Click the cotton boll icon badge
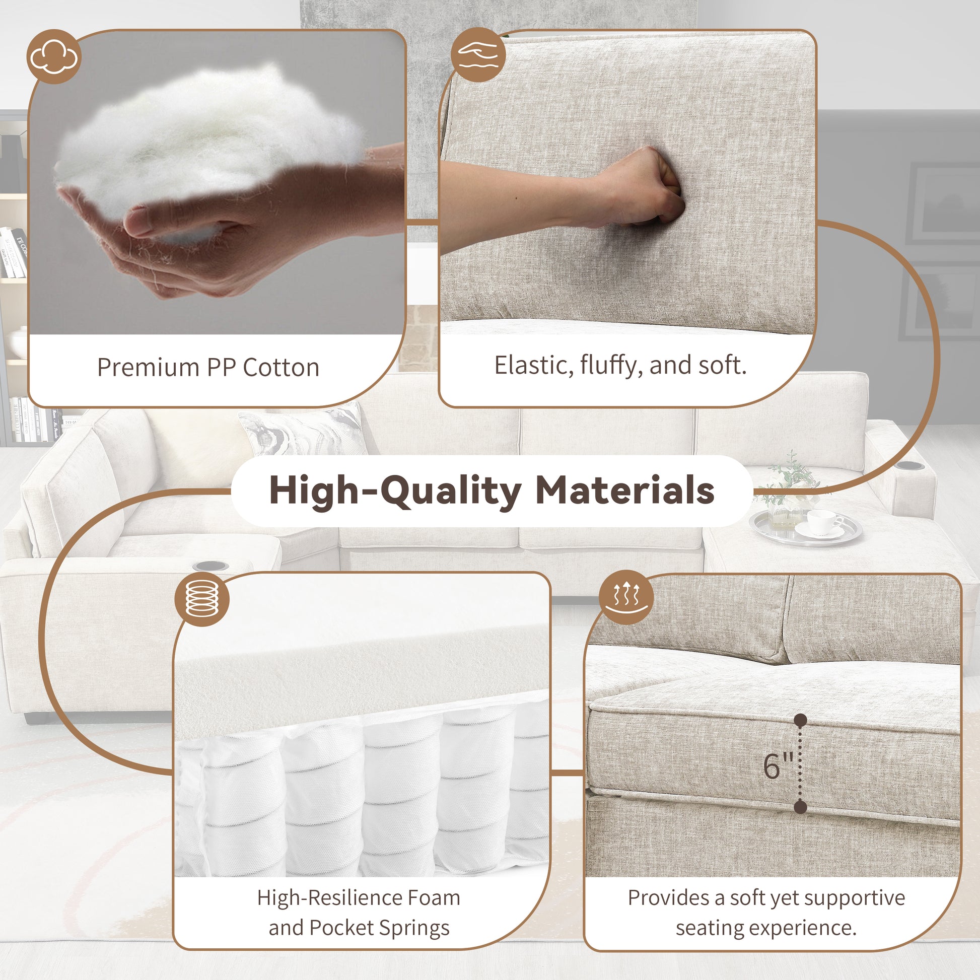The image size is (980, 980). point(54,56)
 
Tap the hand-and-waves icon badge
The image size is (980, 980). point(478,55)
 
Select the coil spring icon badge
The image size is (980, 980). point(202,599)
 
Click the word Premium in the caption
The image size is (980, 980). point(148,368)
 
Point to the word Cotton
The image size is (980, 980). point(281,368)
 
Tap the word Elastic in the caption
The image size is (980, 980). point(533,366)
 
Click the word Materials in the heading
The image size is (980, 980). point(625,491)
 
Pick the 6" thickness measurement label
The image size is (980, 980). point(778,766)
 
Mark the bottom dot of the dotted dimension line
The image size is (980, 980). point(800,807)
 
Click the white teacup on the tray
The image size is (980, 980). point(824,522)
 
